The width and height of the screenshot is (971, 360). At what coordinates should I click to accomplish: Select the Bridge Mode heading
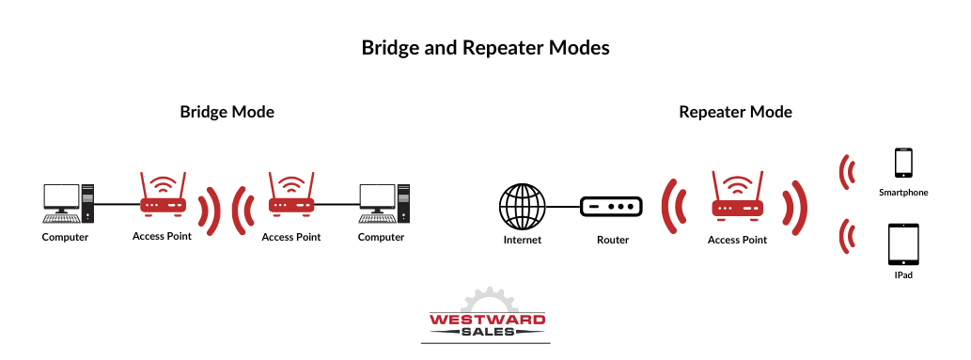click(227, 112)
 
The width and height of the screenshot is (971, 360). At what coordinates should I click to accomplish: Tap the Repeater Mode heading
click(735, 112)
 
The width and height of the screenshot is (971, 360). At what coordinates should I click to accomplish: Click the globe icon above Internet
click(523, 206)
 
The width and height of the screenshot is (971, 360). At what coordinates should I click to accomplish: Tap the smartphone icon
click(903, 163)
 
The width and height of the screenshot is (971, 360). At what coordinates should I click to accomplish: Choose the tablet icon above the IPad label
click(903, 244)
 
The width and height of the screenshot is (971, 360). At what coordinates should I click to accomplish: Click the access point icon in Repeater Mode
click(737, 199)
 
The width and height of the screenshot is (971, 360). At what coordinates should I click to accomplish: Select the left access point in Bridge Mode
click(162, 197)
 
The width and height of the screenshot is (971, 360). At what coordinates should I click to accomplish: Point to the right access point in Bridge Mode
click(290, 197)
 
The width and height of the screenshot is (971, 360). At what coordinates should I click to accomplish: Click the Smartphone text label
click(903, 193)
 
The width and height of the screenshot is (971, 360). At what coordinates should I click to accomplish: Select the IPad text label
click(903, 276)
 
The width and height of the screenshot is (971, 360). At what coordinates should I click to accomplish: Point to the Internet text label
click(523, 240)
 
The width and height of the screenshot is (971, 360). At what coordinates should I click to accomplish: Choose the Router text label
click(612, 240)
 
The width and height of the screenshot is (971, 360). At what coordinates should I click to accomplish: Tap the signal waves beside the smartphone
click(849, 171)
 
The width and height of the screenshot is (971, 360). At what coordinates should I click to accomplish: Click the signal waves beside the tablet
click(849, 236)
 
